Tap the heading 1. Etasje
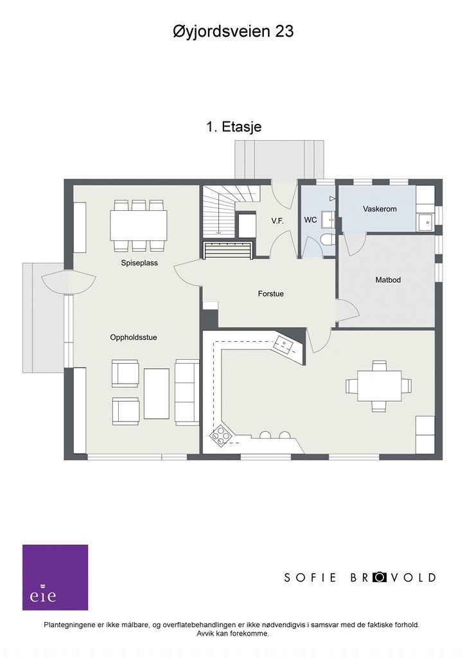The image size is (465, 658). point(233,127)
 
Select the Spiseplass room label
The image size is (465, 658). point(139,263)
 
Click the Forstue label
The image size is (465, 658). point(270,294)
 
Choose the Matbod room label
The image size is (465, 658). point(388,280)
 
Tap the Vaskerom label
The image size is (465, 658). point(379,209)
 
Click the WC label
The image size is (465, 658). point(310,220)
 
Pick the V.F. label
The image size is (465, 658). point(277,220)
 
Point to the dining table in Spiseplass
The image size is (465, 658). point(138,225)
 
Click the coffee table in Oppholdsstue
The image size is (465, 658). point(156,393)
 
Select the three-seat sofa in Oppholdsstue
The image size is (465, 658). point(187,392)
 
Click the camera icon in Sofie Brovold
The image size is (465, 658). point(380,577)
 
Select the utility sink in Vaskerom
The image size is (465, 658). point(425,222)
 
